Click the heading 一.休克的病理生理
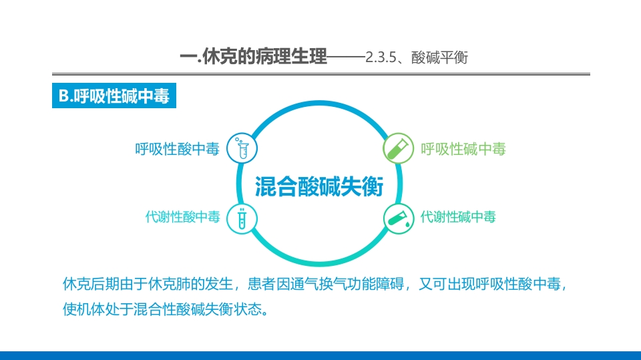(254, 57)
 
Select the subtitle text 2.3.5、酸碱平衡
(417, 58)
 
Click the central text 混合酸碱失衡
(320, 186)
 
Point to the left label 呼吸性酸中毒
(177, 149)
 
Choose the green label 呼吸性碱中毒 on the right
(463, 149)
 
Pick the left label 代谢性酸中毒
(182, 217)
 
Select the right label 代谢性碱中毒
(458, 217)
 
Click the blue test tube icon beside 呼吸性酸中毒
(242, 148)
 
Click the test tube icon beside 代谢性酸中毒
(242, 218)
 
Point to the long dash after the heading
(346, 58)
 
